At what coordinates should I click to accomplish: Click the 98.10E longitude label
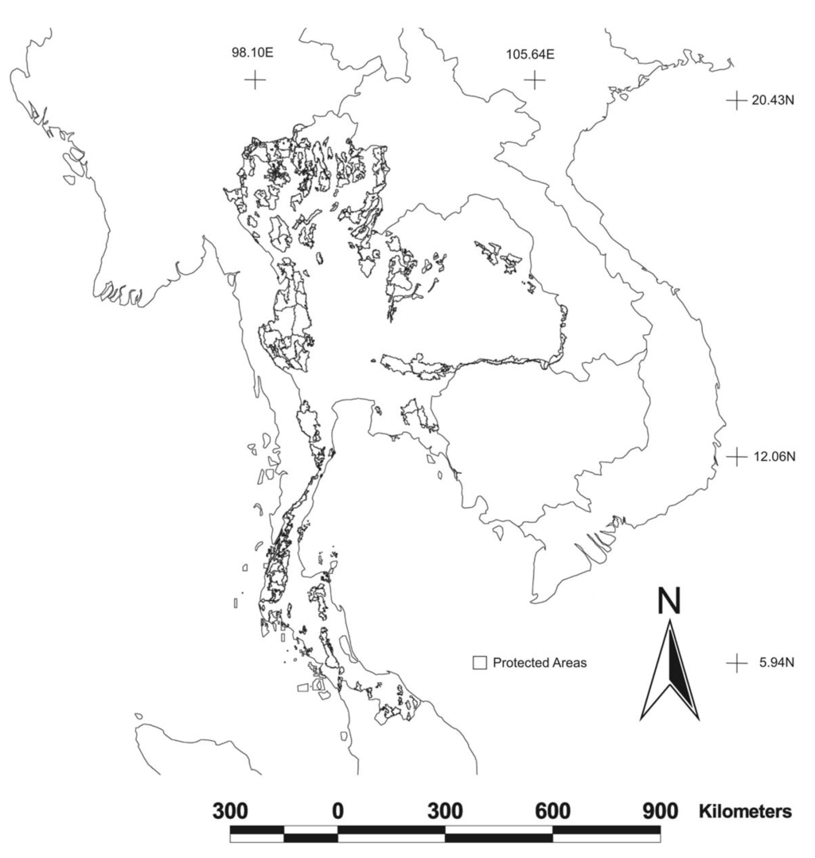(253, 55)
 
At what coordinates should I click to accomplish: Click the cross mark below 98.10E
(255, 80)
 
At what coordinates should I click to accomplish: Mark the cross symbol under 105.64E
(535, 80)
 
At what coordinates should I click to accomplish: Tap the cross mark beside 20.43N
(737, 100)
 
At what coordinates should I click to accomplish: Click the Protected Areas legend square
(479, 662)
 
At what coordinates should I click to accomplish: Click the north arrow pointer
(670, 669)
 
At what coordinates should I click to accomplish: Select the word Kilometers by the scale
(746, 812)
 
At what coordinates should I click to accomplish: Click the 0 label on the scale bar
(337, 812)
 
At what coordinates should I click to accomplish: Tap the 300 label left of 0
(230, 812)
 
